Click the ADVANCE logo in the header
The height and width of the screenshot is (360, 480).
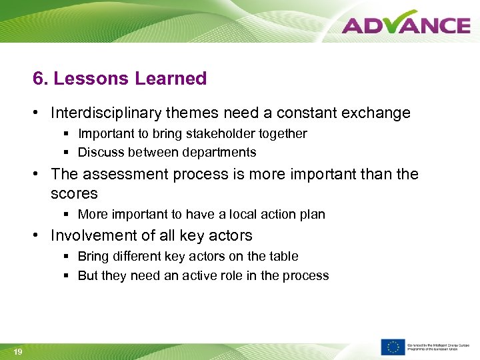coord(406,25)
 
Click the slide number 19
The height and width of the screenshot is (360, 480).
coord(17,352)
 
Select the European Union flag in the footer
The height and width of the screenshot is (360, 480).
coord(393,347)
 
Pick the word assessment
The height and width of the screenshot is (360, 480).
coord(125,175)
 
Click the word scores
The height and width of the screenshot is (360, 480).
coord(74,194)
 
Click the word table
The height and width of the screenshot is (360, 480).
coord(284,257)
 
